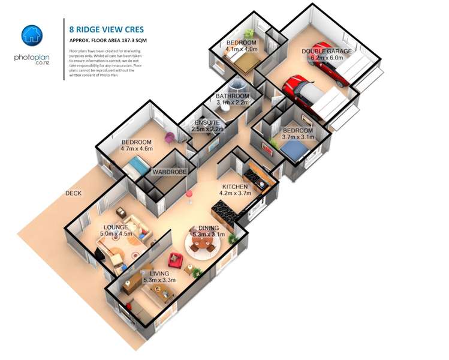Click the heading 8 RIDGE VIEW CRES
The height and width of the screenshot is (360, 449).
click(107, 28)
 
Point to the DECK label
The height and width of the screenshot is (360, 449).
click(74, 194)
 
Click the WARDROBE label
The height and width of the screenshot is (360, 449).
click(170, 172)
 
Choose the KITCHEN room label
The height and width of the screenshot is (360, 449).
click(235, 187)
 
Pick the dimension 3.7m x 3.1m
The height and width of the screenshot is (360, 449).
click(297, 137)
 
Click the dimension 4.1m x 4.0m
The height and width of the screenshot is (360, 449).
click(242, 50)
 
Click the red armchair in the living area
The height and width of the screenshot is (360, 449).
click(175, 261)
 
